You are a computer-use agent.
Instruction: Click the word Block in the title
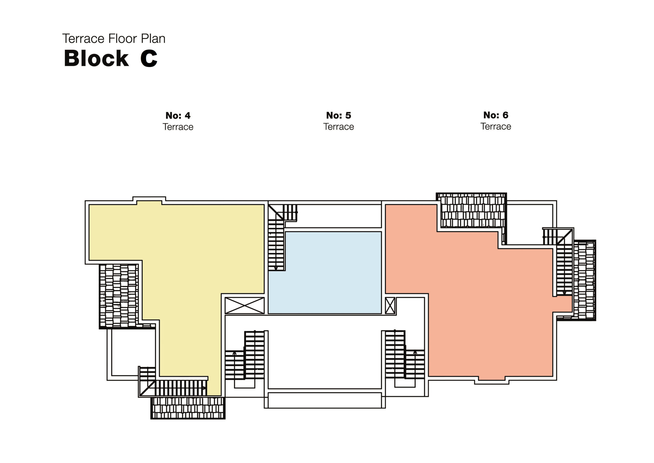96,59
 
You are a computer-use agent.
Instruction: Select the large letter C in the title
149,59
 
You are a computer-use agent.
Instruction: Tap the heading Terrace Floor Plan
114,39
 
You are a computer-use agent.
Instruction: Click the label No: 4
178,116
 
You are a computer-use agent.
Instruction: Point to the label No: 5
338,115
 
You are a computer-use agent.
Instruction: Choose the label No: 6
496,115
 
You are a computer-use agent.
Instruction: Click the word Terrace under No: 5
338,127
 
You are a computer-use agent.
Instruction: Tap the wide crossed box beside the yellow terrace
244,305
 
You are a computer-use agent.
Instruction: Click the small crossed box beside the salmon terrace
390,305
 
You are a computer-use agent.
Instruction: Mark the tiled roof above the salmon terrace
471,211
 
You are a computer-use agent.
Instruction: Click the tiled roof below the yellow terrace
188,408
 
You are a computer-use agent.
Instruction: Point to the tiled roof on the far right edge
585,280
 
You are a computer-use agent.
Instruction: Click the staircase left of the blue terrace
276,245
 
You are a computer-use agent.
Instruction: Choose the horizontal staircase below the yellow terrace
181,388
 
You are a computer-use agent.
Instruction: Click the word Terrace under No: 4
178,127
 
